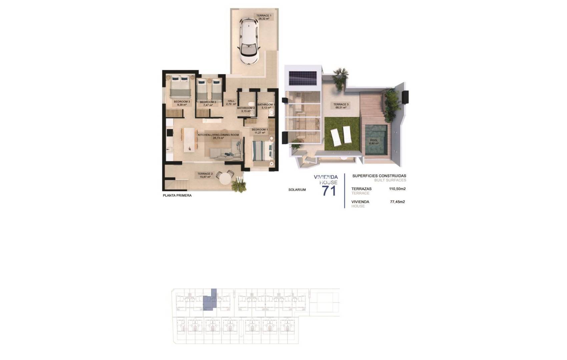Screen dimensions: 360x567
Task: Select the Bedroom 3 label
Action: click(x=182, y=103)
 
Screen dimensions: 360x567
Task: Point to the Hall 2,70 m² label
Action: click(x=231, y=103)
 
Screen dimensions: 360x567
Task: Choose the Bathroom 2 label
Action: click(x=246, y=110)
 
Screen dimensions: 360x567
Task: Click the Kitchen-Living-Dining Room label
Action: click(x=218, y=136)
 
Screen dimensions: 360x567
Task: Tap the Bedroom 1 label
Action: click(x=259, y=131)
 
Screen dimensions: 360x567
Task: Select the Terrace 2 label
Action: click(x=205, y=175)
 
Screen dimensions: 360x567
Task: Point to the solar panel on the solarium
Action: click(x=303, y=78)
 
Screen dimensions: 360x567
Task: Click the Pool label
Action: click(x=374, y=142)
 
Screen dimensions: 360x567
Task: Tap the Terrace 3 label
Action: click(x=341, y=106)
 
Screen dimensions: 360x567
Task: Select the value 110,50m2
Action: click(x=397, y=189)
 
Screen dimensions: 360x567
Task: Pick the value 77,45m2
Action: click(x=397, y=202)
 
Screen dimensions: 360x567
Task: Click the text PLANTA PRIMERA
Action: click(x=177, y=196)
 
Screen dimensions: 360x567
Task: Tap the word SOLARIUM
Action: click(x=297, y=190)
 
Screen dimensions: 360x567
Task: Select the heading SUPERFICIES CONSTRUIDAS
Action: click(x=379, y=176)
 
